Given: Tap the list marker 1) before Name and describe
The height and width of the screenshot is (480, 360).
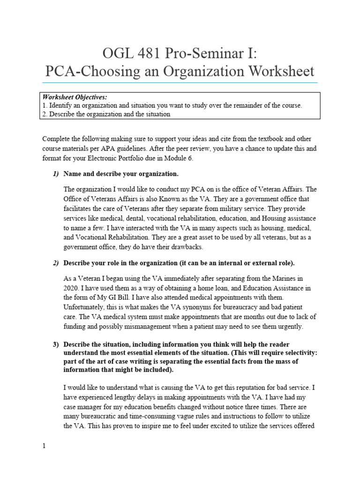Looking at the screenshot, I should tap(55, 174).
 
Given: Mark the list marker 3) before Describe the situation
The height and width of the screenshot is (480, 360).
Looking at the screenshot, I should tap(55, 345).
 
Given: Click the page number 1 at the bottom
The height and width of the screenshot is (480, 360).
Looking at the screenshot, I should tap(44, 446).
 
